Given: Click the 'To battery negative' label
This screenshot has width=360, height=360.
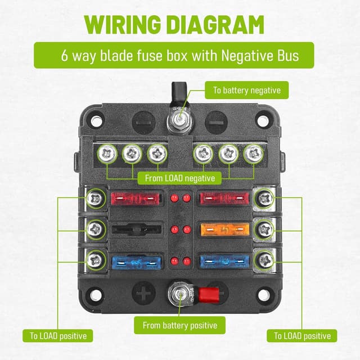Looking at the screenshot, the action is point(246,90).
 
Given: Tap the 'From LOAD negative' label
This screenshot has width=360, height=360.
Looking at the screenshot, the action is point(179,178).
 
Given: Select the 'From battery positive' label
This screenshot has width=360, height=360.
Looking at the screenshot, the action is point(180,325).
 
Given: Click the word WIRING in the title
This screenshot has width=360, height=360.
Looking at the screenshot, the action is point(123,25).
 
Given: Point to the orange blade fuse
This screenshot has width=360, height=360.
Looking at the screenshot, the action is point(225,229).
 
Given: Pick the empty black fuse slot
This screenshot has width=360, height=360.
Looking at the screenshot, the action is point(136,229).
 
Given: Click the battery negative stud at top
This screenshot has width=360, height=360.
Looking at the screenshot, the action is point(179,119).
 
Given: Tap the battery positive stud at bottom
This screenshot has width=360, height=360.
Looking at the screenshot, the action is point(180,295).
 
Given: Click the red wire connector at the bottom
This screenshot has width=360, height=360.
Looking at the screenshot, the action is point(209,295).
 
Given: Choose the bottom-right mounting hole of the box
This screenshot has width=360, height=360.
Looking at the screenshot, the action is point(263,295).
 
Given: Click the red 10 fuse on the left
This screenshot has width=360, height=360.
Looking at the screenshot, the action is point(135,199).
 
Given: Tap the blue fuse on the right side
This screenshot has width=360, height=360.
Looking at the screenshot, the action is point(225,262).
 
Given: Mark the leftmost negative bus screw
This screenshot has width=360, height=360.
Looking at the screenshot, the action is point(107,154).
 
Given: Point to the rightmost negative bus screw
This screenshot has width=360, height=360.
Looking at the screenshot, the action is point(253,154).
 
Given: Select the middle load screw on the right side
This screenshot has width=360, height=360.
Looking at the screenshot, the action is point(265,229).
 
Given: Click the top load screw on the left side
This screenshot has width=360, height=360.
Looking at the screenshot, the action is point(96,199).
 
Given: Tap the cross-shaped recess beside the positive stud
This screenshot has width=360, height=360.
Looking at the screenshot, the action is point(143,294).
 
